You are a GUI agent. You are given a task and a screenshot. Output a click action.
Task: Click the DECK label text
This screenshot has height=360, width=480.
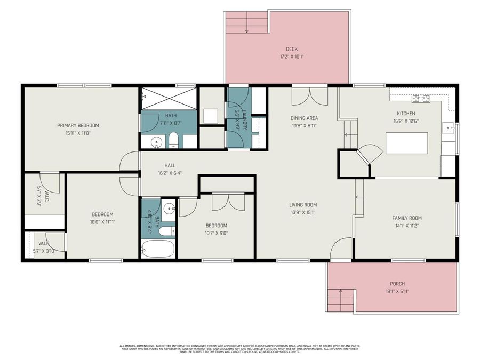coord(292,49)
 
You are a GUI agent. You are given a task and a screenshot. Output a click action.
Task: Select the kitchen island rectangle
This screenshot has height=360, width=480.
coord(406,143)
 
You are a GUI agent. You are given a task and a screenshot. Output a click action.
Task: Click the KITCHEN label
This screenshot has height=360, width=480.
coord(406,114)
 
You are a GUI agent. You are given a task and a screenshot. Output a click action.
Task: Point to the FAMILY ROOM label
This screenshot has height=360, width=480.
coord(407,218)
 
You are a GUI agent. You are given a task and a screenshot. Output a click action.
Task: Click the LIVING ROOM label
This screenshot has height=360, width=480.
coord(303,204)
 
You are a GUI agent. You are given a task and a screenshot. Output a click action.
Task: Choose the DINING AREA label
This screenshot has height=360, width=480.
coord(304,118)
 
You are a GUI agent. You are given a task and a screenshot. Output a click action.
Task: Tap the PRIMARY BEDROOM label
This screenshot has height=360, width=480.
coord(78,125)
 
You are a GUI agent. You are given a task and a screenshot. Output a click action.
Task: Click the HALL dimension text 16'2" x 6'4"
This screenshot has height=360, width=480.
coord(170,173)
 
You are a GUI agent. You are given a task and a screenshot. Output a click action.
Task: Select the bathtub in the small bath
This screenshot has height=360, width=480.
coord(158,249)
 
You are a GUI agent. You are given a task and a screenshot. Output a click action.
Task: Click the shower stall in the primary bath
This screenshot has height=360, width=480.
coord(169,98)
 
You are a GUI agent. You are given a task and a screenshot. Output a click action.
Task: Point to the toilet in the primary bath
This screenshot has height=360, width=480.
coord(173,141)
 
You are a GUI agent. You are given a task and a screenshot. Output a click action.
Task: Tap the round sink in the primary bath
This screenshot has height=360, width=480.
coord(156,141)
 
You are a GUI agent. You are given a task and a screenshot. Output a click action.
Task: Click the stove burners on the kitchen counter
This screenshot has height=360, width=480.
coord(420,98)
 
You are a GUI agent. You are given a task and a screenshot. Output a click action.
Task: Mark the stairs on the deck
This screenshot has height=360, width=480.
coord(247,22)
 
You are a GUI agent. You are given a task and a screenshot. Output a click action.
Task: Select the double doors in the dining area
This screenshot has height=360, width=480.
coord(309,97)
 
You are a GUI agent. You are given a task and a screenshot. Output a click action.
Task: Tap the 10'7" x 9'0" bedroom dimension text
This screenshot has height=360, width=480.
coord(216,233)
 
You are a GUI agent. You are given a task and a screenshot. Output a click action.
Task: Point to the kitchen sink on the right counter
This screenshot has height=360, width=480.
coord(449,127)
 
